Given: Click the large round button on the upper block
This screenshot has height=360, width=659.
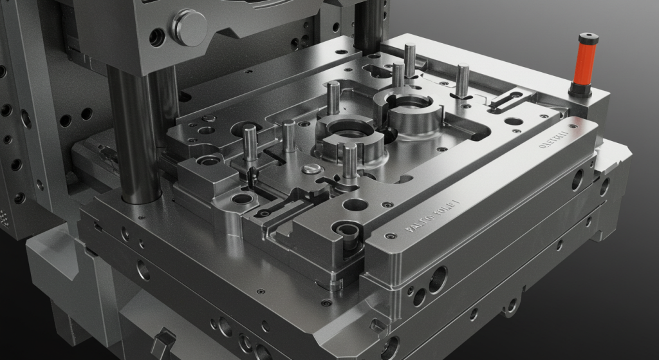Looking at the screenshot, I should point(188,27).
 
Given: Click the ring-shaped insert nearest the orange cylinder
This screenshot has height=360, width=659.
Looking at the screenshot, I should point(406,107).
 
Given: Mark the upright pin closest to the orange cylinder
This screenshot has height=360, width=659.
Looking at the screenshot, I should point(463,79).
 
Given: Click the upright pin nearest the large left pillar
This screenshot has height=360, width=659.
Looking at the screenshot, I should point(250,142).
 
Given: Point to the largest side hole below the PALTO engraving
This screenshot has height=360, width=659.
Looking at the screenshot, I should point(438,279).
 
